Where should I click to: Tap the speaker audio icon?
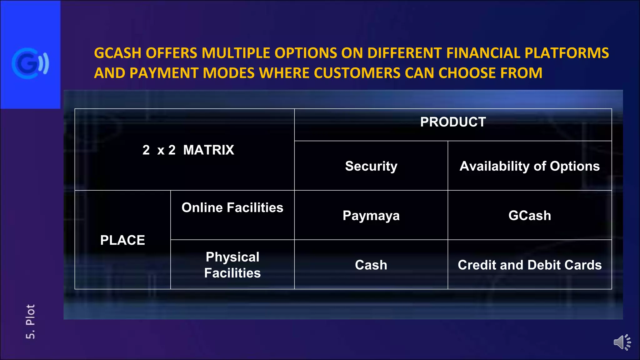(x=622, y=342)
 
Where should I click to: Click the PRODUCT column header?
(x=453, y=122)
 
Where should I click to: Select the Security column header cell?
(x=371, y=166)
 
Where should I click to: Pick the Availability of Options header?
(x=529, y=166)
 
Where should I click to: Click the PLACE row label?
(x=122, y=240)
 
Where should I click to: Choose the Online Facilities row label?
(x=232, y=208)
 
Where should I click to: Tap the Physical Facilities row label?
(x=232, y=265)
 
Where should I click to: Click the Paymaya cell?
(x=371, y=216)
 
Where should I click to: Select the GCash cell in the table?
(x=529, y=216)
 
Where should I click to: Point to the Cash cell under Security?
(x=371, y=265)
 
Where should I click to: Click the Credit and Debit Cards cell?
(x=529, y=265)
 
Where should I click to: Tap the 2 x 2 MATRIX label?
(x=188, y=150)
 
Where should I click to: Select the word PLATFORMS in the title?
(x=567, y=53)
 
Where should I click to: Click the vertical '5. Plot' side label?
(x=30, y=322)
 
